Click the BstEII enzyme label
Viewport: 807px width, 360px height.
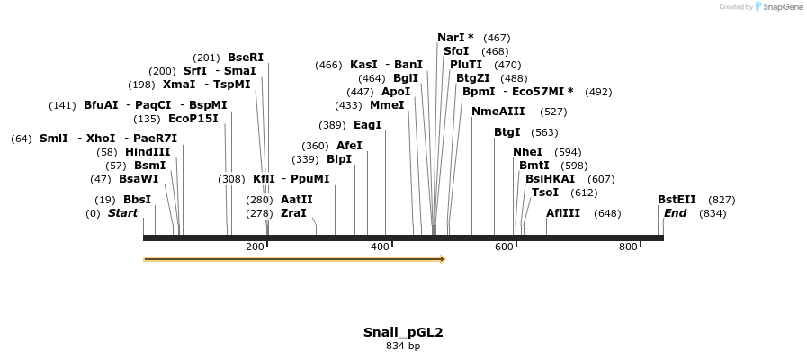pyautogui.click(x=677, y=200)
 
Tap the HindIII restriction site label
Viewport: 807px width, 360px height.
pyautogui.click(x=148, y=152)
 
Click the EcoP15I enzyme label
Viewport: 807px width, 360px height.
pyautogui.click(x=193, y=119)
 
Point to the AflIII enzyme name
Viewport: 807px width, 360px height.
pyautogui.click(x=564, y=213)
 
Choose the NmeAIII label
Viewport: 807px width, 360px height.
pyautogui.click(x=498, y=112)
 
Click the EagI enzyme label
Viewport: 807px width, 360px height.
pyautogui.click(x=367, y=125)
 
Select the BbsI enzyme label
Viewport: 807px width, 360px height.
pyautogui.click(x=138, y=200)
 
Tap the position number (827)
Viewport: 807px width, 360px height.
pyautogui.click(x=722, y=200)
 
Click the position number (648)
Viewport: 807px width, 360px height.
pyautogui.click(x=607, y=213)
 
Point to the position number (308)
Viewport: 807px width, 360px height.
pyautogui.click(x=231, y=179)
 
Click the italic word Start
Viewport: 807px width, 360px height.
pyautogui.click(x=123, y=213)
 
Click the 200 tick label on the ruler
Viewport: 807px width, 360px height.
pyautogui.click(x=255, y=247)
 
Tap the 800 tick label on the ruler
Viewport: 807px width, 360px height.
pyautogui.click(x=628, y=247)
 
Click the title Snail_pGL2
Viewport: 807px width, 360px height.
pyautogui.click(x=403, y=332)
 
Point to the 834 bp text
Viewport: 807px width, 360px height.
pyautogui.click(x=403, y=346)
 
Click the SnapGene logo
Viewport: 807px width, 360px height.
pyautogui.click(x=778, y=7)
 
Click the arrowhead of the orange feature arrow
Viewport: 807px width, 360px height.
pyautogui.click(x=442, y=259)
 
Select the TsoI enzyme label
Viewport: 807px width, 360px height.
pyautogui.click(x=545, y=193)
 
